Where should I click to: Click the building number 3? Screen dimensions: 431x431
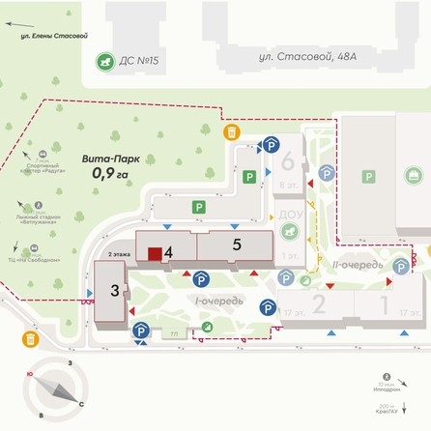[x=114, y=290]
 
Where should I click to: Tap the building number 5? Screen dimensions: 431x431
[x=237, y=244]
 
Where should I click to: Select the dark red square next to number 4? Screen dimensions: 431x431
[x=154, y=254]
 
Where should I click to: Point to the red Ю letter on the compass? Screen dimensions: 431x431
[x=30, y=375]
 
